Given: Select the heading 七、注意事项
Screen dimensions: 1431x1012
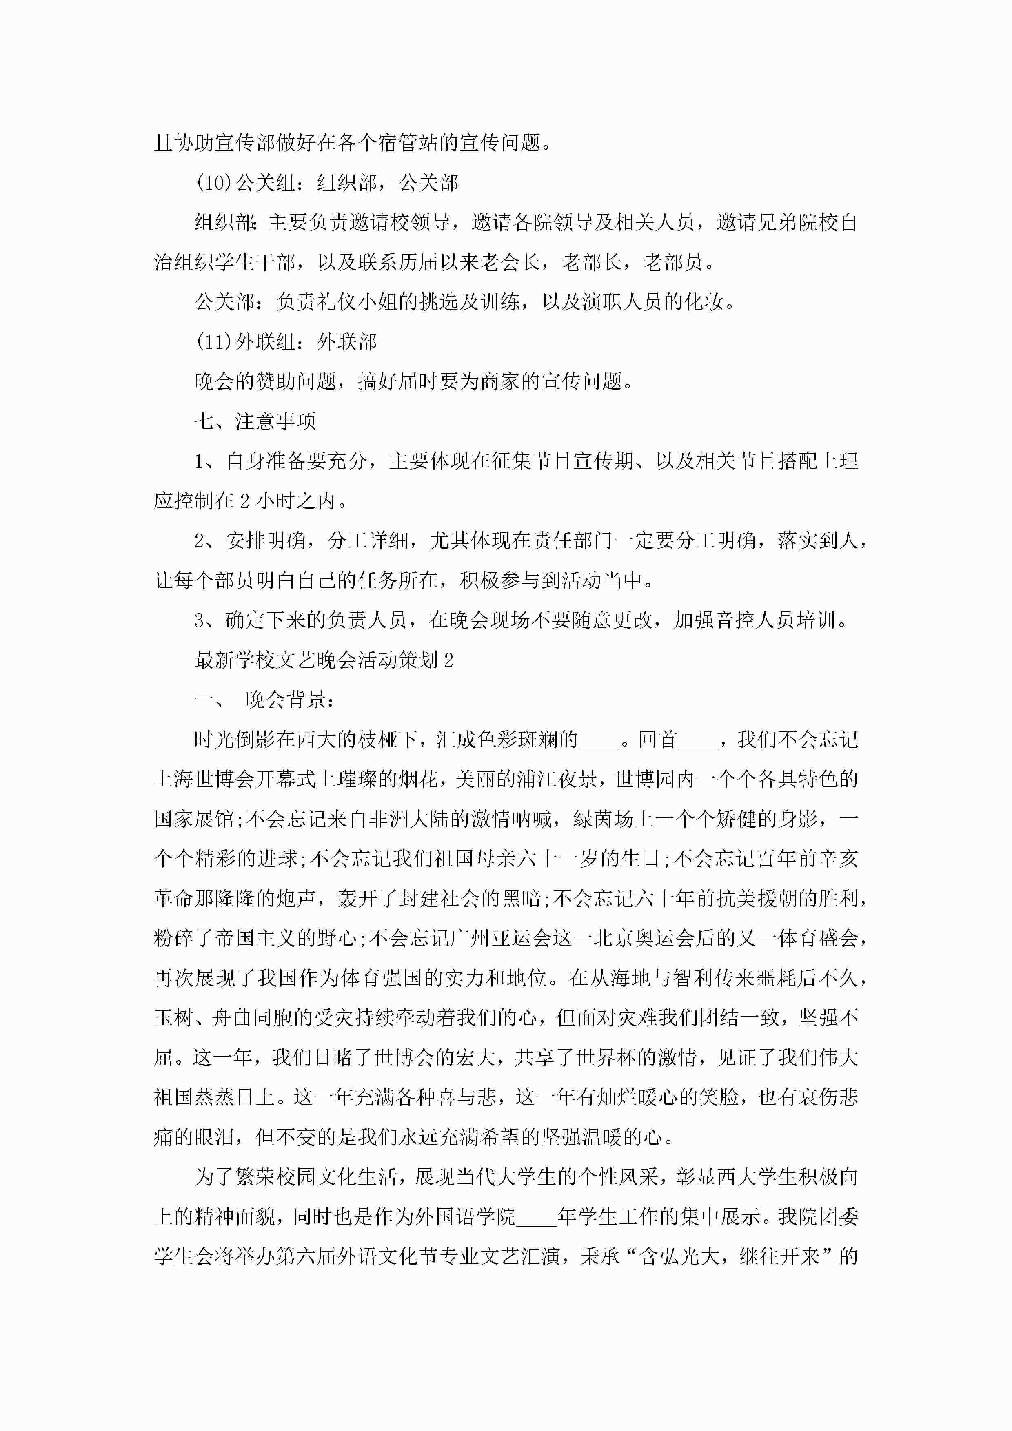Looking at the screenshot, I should point(255,421).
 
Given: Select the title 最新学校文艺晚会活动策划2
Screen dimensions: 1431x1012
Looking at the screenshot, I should point(324,660).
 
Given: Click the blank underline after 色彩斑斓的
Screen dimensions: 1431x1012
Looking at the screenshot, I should point(599,740).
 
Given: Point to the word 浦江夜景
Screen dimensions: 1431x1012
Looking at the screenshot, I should point(557,780).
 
